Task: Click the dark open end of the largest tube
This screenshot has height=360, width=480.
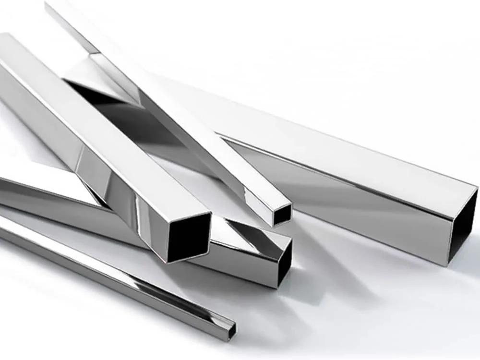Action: (463, 226)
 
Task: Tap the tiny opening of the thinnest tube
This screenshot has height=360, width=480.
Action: (232, 328)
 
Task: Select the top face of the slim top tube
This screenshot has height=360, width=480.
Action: (192, 120)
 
